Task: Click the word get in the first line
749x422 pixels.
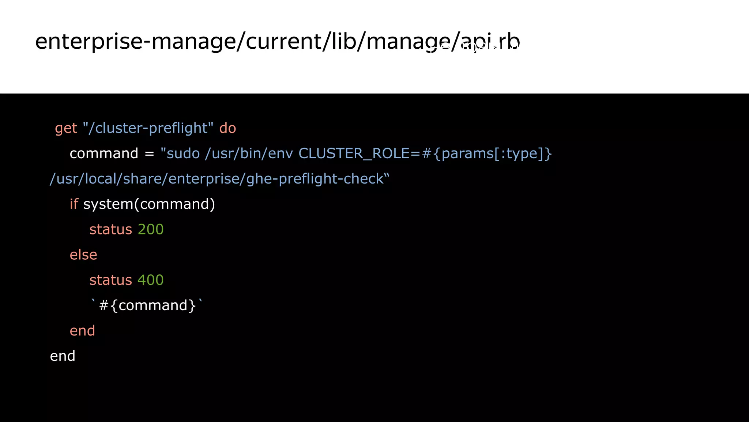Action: [66, 129]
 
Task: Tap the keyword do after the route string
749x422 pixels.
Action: [227, 128]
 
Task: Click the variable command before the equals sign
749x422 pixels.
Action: [104, 153]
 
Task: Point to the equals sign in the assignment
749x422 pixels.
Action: [149, 154]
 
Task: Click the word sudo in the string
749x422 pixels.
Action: [183, 153]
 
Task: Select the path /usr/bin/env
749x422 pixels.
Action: [249, 153]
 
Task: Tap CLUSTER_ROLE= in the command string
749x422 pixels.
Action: [360, 153]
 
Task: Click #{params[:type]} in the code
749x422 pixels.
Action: [486, 153]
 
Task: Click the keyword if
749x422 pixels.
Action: [74, 204]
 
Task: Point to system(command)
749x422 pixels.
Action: [149, 204]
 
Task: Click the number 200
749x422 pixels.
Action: [150, 229]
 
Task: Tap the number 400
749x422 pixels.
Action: [150, 280]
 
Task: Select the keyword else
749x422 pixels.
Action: [83, 255]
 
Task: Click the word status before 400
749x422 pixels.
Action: [110, 280]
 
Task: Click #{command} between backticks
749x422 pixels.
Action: [148, 306]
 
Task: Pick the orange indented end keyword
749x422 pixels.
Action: [82, 331]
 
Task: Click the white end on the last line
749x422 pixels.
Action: [63, 356]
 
